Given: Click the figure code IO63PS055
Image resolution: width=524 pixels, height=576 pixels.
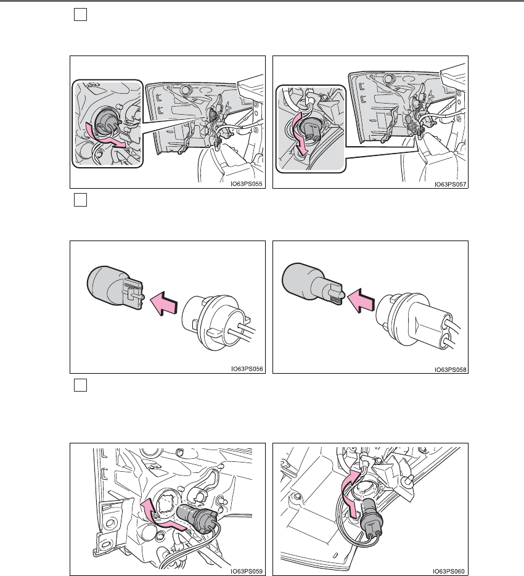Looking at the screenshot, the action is [x=247, y=184].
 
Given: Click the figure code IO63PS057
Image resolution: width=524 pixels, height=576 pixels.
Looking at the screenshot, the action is [x=450, y=184].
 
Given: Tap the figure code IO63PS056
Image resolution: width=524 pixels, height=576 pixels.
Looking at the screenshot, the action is [x=247, y=369].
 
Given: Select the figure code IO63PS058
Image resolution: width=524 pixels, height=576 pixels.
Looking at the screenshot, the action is [x=450, y=369].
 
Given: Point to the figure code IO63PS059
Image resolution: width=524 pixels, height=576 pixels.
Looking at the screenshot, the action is [x=247, y=571].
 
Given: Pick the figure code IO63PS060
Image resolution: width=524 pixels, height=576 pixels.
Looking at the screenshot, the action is [x=448, y=571].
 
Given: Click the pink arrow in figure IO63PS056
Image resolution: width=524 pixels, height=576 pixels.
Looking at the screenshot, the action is [x=164, y=303].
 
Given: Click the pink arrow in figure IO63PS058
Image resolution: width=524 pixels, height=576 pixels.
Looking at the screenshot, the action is [x=361, y=300].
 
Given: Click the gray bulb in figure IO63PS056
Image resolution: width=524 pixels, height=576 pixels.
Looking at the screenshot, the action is [x=115, y=287].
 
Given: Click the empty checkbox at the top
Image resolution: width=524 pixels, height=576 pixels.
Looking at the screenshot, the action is [x=80, y=15].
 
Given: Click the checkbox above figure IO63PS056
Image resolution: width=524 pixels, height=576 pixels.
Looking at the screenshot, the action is [x=80, y=200].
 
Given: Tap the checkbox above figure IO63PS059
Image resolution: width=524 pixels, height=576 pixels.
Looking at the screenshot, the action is [x=80, y=385].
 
